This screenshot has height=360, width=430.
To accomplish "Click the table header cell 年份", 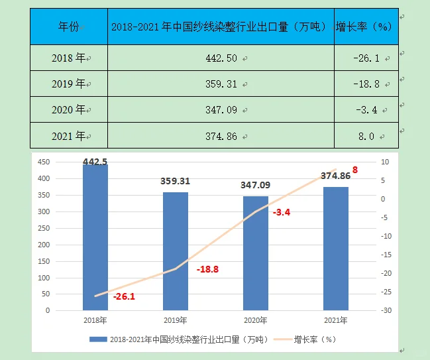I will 68,27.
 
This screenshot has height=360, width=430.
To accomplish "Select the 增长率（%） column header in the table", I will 366,27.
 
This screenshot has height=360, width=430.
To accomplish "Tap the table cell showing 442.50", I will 221,58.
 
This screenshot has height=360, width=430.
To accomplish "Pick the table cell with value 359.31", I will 221,84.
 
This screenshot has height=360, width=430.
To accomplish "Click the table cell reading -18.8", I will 366,84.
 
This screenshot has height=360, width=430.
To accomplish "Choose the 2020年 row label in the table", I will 68,109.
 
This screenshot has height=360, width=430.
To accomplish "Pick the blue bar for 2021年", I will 336,249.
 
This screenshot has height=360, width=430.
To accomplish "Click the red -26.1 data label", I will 124,296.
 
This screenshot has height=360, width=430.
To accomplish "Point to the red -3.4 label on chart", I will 282,212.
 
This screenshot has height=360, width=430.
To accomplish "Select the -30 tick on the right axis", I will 384,310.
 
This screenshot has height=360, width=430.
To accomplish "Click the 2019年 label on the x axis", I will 176,321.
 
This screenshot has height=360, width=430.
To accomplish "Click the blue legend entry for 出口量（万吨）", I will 179,339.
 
